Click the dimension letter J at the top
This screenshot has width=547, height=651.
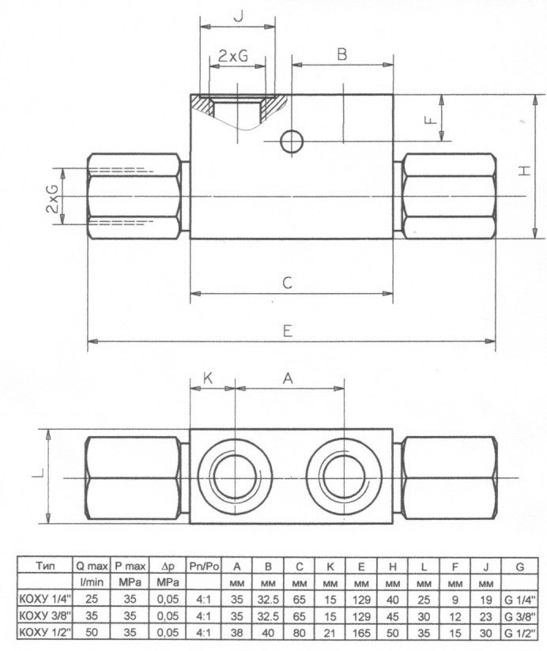point(239,17)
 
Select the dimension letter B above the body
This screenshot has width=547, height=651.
point(341,55)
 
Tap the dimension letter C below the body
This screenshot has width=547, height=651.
point(287,283)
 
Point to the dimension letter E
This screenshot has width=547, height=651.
point(288,331)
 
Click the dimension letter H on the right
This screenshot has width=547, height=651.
point(525,170)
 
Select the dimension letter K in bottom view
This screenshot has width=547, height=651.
point(208,378)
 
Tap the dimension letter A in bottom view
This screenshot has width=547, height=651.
point(288,378)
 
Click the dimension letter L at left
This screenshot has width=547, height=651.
point(38,472)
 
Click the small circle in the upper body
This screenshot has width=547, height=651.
point(292,141)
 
